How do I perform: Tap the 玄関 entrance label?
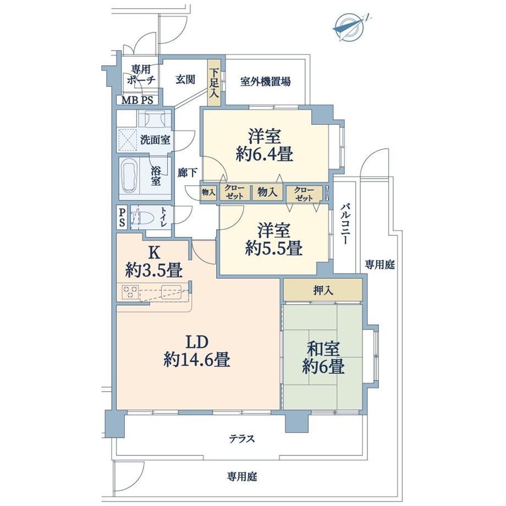click(x=185, y=80)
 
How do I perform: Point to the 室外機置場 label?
click(x=265, y=82)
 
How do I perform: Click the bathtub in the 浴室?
click(x=130, y=176)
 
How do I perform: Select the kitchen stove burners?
click(x=130, y=291)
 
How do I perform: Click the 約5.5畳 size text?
click(x=273, y=248)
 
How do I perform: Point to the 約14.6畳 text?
click(x=196, y=360)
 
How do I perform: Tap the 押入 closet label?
click(x=323, y=290)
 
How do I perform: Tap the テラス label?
click(x=242, y=439)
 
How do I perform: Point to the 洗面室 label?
click(x=155, y=140)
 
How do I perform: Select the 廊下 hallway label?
click(x=188, y=173)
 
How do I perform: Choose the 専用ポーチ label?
click(x=140, y=74)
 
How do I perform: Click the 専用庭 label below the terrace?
click(x=243, y=476)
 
